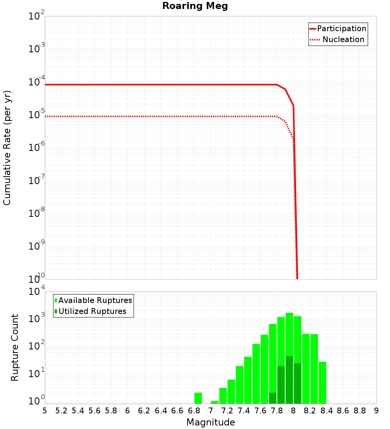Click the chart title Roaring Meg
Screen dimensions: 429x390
(195, 6)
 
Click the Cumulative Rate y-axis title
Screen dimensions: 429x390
(7, 148)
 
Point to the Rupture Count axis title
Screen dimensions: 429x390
(15, 347)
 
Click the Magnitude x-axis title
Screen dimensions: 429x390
(211, 422)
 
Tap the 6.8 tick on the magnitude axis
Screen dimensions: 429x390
(194, 410)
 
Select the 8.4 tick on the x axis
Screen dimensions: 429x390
(326, 410)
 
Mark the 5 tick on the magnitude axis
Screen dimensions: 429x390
(45, 410)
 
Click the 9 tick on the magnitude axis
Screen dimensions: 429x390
(376, 410)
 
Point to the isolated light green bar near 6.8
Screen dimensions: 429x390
(198, 398)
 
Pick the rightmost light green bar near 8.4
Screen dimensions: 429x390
(322, 383)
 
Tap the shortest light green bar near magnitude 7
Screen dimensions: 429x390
(214, 402)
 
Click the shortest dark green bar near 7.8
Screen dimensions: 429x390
(273, 398)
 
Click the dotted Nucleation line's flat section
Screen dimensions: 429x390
(156, 116)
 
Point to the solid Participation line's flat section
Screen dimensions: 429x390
(156, 85)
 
